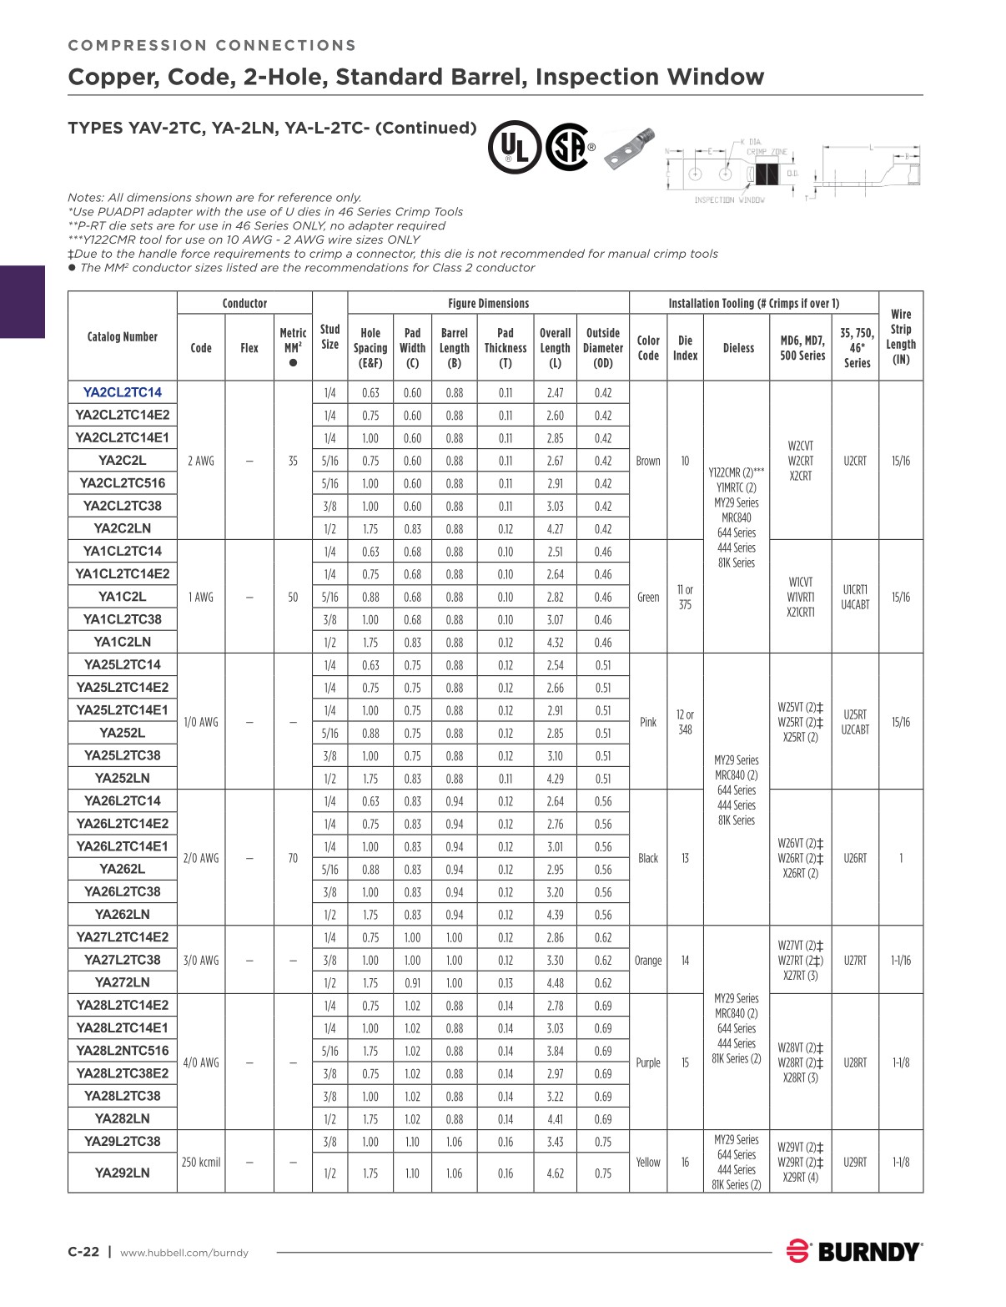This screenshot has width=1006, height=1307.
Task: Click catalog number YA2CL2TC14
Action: [122, 392]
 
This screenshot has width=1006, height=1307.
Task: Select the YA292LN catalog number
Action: [122, 1173]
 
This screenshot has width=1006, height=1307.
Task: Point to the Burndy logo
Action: [854, 1251]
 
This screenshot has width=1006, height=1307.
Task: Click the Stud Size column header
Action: [329, 336]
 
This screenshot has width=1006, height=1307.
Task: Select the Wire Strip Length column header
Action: [901, 336]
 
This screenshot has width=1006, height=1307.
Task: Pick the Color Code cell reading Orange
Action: [648, 960]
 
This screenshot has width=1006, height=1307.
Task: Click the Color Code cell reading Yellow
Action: [648, 1162]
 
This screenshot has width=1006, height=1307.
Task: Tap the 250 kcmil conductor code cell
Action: [201, 1162]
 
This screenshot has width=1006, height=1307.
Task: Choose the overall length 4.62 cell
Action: [555, 1173]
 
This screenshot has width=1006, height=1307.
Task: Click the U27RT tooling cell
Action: [855, 960]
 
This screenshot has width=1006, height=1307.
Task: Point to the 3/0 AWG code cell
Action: [201, 960]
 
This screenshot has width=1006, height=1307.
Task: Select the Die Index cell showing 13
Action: [685, 858]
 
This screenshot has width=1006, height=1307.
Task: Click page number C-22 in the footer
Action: [83, 1252]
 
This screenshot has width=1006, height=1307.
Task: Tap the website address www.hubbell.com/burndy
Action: [184, 1253]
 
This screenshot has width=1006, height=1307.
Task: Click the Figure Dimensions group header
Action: [488, 303]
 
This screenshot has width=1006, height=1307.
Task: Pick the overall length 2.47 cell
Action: [555, 392]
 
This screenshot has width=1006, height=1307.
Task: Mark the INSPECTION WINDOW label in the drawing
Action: [729, 200]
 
